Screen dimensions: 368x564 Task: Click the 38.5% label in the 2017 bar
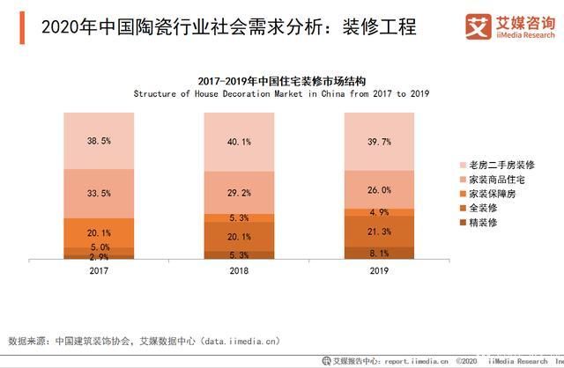pyautogui.click(x=98, y=141)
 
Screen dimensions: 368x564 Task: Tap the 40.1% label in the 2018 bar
pyautogui.click(x=240, y=143)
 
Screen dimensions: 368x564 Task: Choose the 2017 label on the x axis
pyautogui.click(x=98, y=270)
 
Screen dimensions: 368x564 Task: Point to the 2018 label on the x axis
pyautogui.click(x=240, y=270)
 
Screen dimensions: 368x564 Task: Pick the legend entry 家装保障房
pyautogui.click(x=490, y=193)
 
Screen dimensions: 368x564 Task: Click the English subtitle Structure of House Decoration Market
pyautogui.click(x=282, y=92)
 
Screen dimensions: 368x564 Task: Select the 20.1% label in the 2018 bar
pyautogui.click(x=240, y=237)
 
